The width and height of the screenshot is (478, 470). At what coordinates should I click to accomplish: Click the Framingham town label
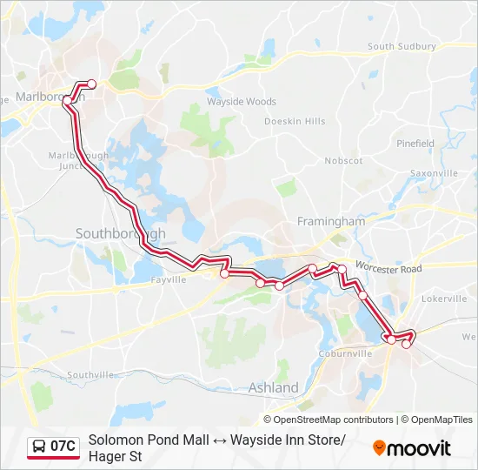(x=331, y=221)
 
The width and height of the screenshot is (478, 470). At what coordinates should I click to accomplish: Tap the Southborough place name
(x=120, y=233)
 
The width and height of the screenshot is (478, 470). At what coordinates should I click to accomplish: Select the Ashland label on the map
(x=273, y=387)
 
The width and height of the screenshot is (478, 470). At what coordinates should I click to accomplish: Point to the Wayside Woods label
(x=242, y=102)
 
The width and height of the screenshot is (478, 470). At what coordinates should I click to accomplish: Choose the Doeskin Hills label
(x=295, y=121)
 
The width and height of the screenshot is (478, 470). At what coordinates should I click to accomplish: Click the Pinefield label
(x=415, y=144)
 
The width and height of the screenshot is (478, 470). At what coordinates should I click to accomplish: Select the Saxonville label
(x=434, y=173)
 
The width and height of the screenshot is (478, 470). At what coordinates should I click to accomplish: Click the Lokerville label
(x=444, y=299)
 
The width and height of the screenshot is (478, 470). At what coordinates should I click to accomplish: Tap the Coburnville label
(x=345, y=353)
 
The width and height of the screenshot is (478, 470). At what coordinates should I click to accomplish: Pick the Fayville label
(x=169, y=280)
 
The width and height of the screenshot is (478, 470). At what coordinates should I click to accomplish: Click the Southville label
(x=91, y=374)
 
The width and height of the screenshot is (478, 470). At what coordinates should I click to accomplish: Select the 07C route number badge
(x=63, y=446)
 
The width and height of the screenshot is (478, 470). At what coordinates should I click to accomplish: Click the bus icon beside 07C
(x=39, y=446)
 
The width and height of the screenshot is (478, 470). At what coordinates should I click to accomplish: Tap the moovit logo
(x=412, y=448)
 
